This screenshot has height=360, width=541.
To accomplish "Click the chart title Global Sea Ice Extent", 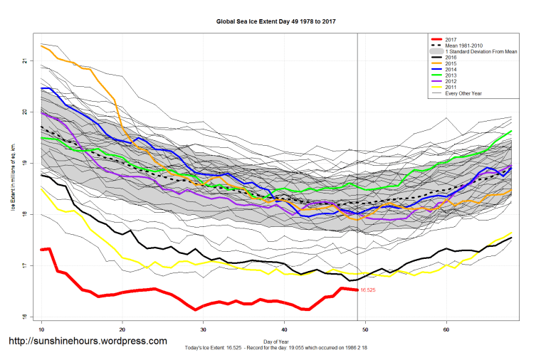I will [276, 22].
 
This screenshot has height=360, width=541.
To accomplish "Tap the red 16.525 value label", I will [368, 290].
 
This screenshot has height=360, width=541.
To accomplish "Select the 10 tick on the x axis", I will [42, 329].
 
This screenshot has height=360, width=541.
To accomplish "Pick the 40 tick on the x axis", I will [284, 329].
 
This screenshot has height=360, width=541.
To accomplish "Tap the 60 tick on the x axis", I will [446, 329].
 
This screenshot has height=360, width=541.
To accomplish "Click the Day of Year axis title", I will [275, 341].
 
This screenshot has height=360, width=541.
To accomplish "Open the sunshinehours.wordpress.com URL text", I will [87, 342].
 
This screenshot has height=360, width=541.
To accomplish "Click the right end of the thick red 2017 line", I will [357, 290].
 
